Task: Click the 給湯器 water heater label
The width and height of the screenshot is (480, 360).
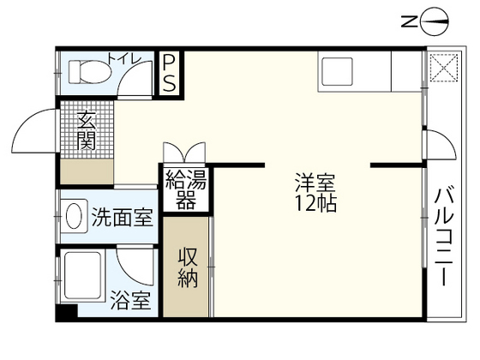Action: pyautogui.click(x=186, y=189)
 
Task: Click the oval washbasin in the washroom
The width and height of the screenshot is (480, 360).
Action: pyautogui.click(x=75, y=213)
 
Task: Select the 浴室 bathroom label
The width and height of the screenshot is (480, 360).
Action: pyautogui.click(x=131, y=301)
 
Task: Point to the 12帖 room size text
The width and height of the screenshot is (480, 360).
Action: pyautogui.click(x=315, y=205)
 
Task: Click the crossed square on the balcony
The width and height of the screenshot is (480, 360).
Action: pyautogui.click(x=443, y=69)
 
